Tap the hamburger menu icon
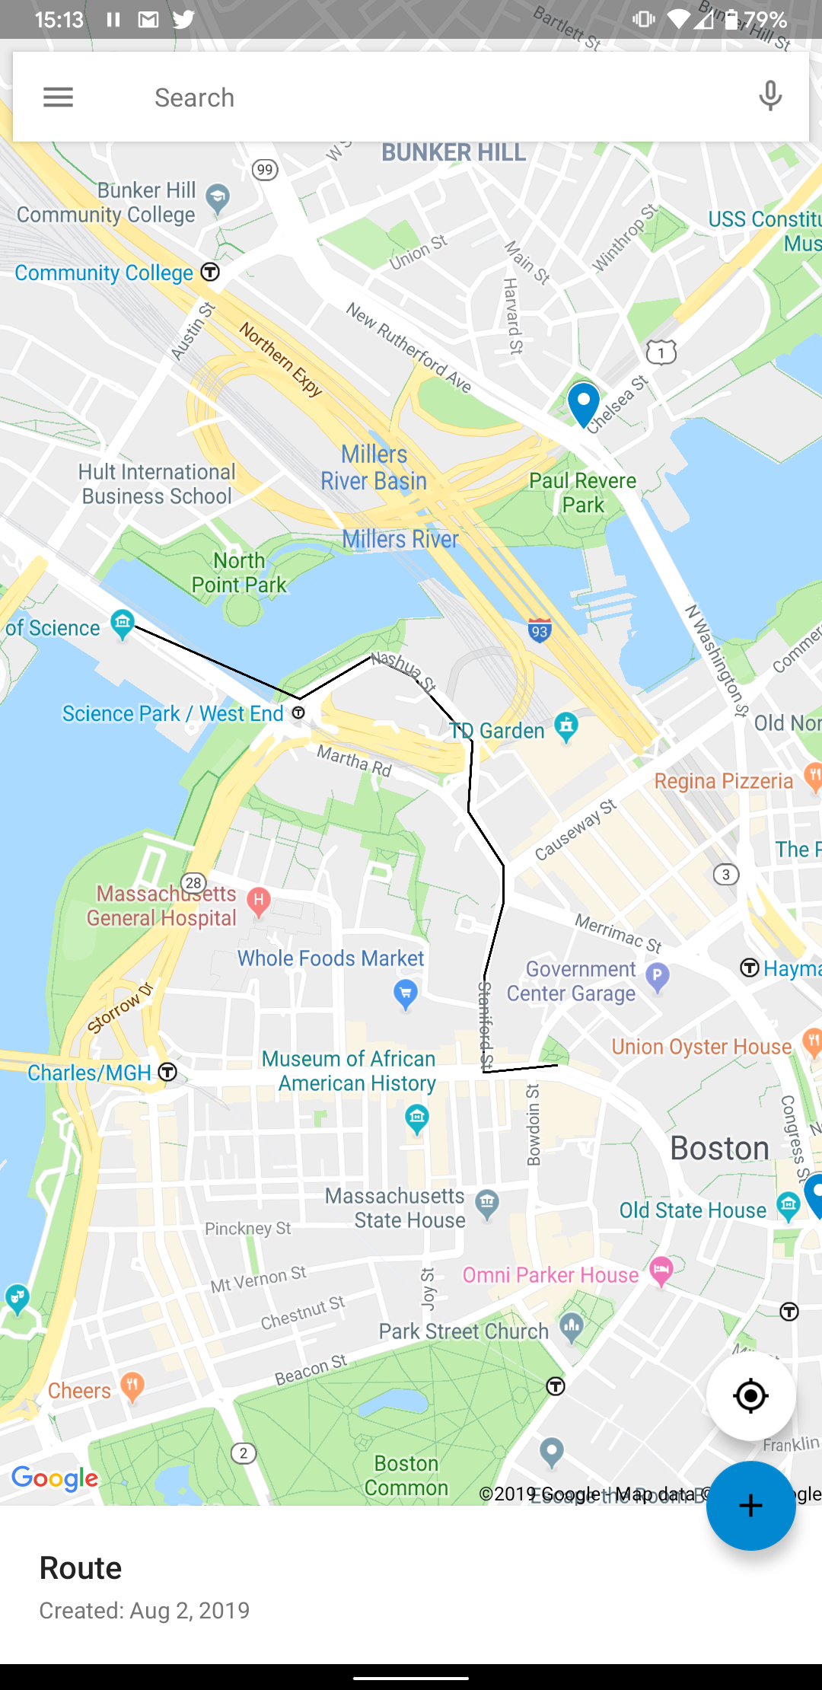point(58,97)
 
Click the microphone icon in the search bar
point(770,97)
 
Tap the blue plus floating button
point(750,1505)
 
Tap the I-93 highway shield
point(540,630)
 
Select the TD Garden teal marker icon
point(566,726)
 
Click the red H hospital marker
point(259,901)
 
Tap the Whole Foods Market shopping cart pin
point(406,993)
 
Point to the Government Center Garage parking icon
point(658,975)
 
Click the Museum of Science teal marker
point(123,623)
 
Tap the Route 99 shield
point(265,169)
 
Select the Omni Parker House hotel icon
point(661,1269)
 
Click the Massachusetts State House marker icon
point(487,1204)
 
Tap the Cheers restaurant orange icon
point(132,1386)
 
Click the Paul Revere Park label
point(583,493)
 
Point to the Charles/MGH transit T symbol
point(167,1072)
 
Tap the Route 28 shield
point(194,883)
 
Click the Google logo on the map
point(55,1478)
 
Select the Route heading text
point(81,1568)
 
